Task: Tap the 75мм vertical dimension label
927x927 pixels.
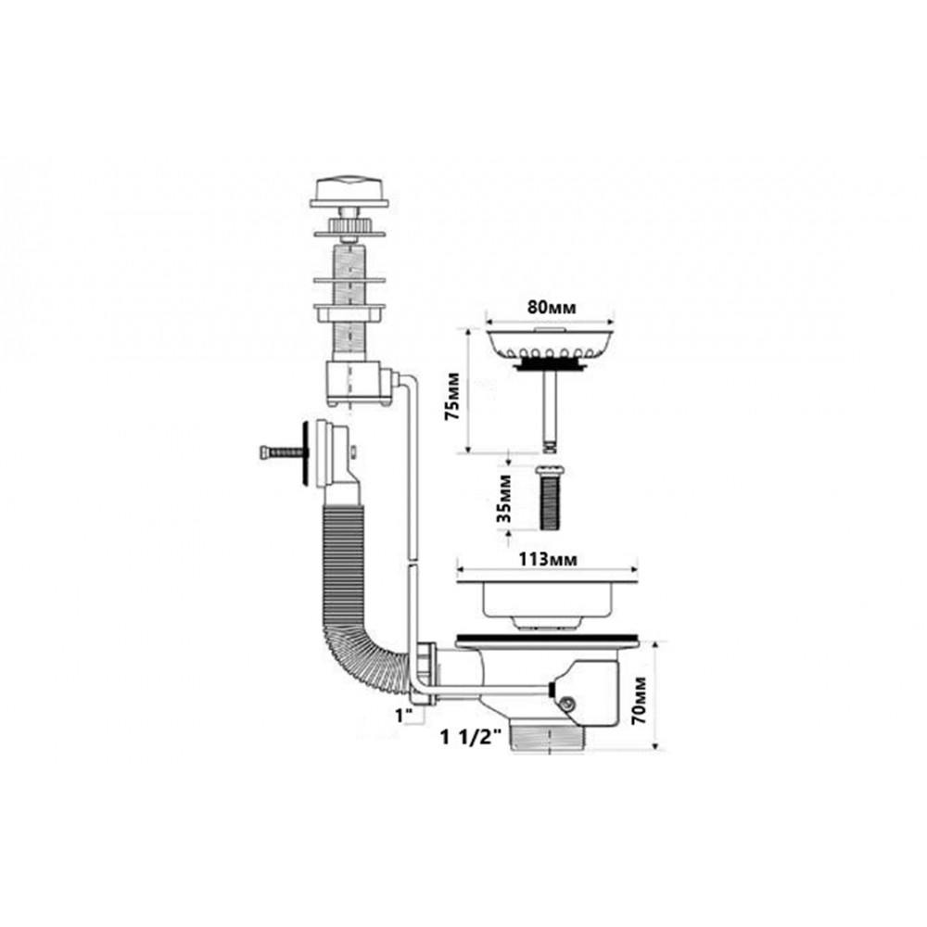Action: (453, 396)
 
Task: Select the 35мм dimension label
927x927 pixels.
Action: (504, 498)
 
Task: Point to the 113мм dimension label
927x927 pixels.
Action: (548, 559)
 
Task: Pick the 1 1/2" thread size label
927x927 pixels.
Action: (471, 737)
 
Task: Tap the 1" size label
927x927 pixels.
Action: (404, 716)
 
